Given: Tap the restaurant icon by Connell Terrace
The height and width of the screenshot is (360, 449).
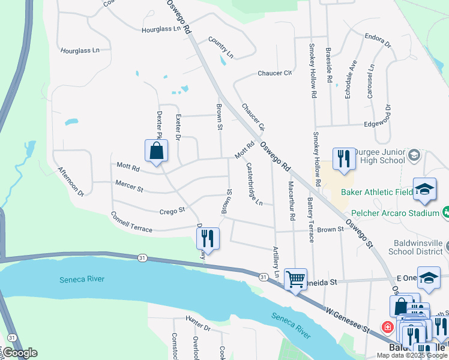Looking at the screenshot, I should (x=207, y=238).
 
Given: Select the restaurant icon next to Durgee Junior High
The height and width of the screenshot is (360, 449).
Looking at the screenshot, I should (x=343, y=158).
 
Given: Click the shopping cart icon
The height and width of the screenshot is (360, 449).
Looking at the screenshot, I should (x=295, y=278).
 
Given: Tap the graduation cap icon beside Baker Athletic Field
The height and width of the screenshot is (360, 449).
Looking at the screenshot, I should (x=425, y=189).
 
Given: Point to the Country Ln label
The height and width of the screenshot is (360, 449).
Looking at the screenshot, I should (x=221, y=48).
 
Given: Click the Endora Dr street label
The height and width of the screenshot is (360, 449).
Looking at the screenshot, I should (x=378, y=40).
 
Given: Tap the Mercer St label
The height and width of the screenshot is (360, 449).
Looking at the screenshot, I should (x=129, y=188).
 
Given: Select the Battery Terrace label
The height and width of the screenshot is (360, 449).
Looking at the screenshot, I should (x=310, y=219).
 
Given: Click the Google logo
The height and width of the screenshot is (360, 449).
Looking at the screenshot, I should (x=20, y=353).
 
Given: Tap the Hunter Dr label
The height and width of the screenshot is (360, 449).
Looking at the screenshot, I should (x=198, y=328).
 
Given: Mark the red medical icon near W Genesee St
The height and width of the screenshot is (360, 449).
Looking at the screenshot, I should (x=388, y=327).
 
